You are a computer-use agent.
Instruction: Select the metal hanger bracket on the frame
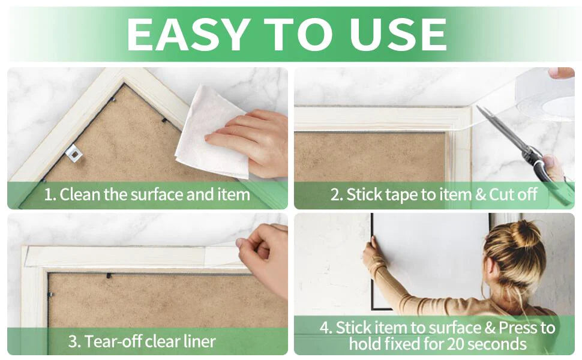pos(73,153)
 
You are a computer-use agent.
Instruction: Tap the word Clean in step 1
pos(80,194)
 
